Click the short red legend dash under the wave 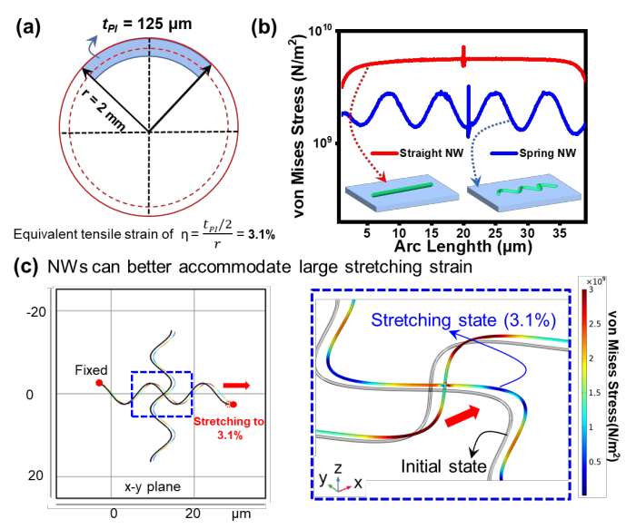384,152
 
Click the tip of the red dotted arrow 386,177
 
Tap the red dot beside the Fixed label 99,384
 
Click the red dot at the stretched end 234,405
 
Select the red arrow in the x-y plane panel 235,386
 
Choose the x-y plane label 153,487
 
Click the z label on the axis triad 337,467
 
